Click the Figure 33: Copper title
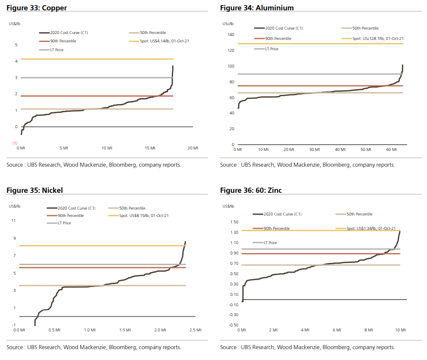pos(36,8)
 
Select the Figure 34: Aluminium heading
pos(257,8)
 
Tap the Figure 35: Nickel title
pos(35,190)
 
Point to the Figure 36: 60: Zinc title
pos(251,190)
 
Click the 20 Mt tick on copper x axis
pos(193,147)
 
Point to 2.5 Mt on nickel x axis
pos(196,330)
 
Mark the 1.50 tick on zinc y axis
pos(234,221)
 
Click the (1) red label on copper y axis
pos(15,143)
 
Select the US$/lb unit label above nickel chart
pos(15,205)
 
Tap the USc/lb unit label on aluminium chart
pos(228,24)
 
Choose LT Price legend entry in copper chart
pos(54,50)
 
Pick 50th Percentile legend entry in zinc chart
pos(359,214)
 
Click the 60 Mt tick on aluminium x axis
pos(391,149)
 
